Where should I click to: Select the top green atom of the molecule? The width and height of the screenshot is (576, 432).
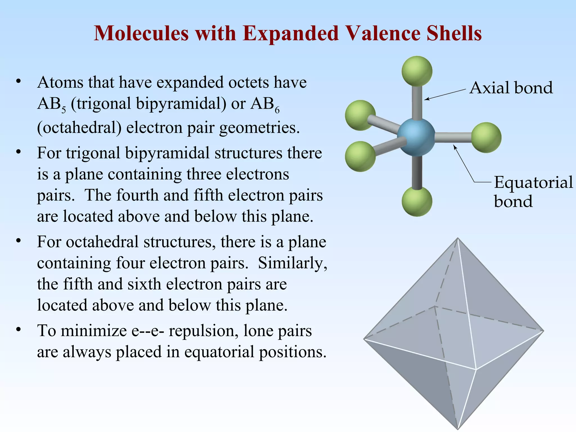[417, 71]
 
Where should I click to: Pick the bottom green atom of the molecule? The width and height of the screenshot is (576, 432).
[417, 201]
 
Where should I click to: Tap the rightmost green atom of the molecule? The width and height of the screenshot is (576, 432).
[486, 137]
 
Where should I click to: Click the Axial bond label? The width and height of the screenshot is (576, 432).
[511, 88]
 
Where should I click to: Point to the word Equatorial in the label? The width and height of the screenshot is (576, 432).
[533, 182]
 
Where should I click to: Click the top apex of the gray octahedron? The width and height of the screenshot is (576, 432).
[458, 238]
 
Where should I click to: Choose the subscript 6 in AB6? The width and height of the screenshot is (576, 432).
[277, 110]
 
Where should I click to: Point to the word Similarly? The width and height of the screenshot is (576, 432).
[292, 263]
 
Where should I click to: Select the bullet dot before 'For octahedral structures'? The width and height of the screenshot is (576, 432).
[19, 241]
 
